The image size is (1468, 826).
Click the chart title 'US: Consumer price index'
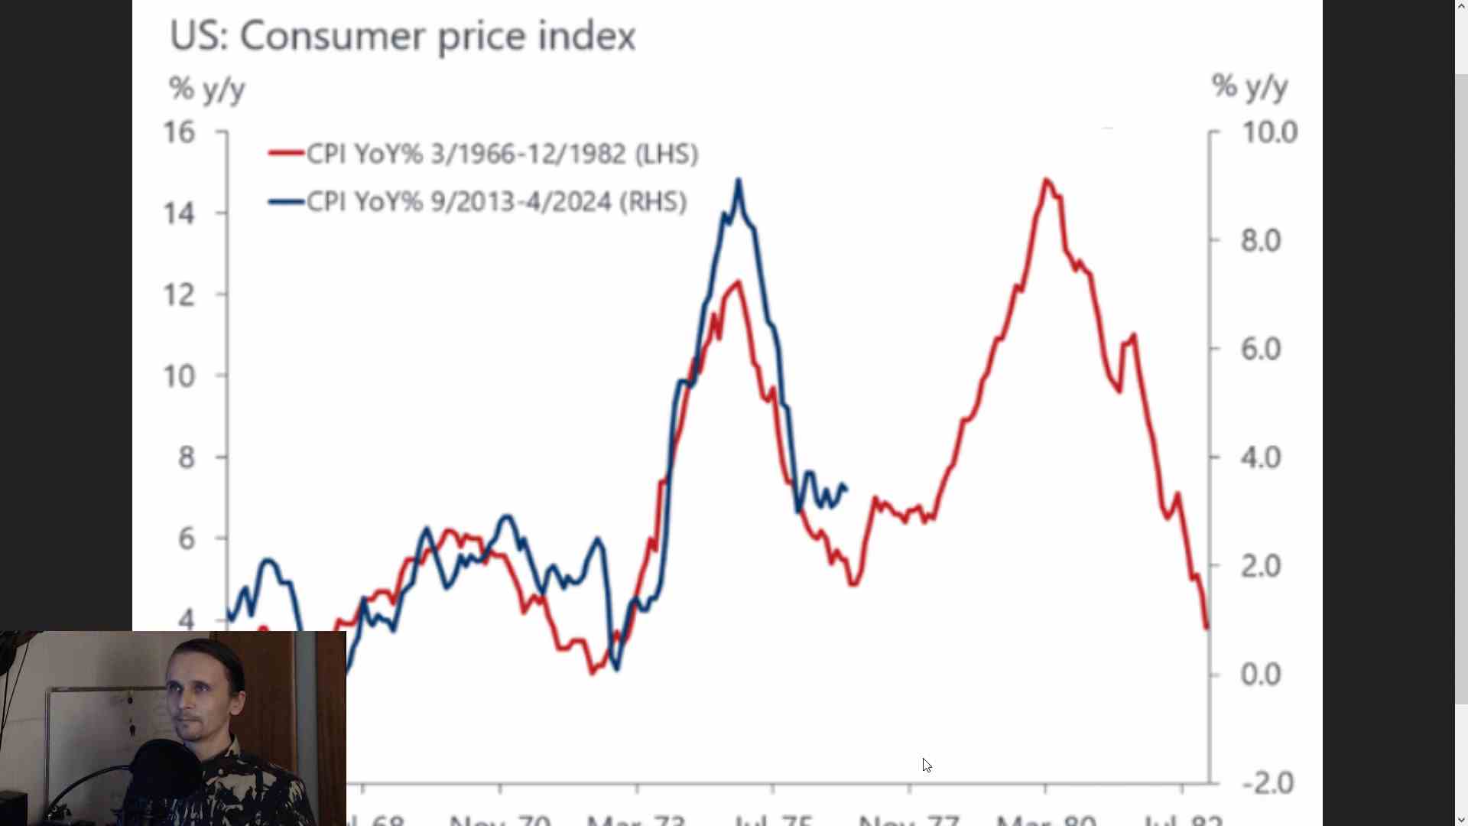coord(402,36)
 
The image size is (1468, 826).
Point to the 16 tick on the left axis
coord(180,132)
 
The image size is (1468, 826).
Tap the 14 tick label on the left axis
coord(180,213)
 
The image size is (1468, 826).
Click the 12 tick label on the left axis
coord(180,294)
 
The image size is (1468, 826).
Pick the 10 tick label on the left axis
coord(180,376)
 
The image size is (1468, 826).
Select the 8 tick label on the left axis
coord(186,457)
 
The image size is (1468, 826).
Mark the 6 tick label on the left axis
coord(186,538)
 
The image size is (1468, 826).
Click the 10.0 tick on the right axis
coord(1269,132)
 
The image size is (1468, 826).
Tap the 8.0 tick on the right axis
coord(1260,241)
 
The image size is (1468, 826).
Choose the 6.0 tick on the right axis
coord(1260,350)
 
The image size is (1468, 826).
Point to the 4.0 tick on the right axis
coord(1260,457)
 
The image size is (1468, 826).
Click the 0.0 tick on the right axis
coord(1260,675)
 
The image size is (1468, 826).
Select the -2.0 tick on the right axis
coord(1268,783)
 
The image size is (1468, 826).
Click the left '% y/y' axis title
coord(206,89)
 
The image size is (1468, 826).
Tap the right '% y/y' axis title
coord(1249,86)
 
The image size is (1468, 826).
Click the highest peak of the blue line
coord(738,180)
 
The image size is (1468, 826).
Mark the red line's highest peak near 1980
coord(1046,180)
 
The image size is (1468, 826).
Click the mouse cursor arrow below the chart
coord(927,765)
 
